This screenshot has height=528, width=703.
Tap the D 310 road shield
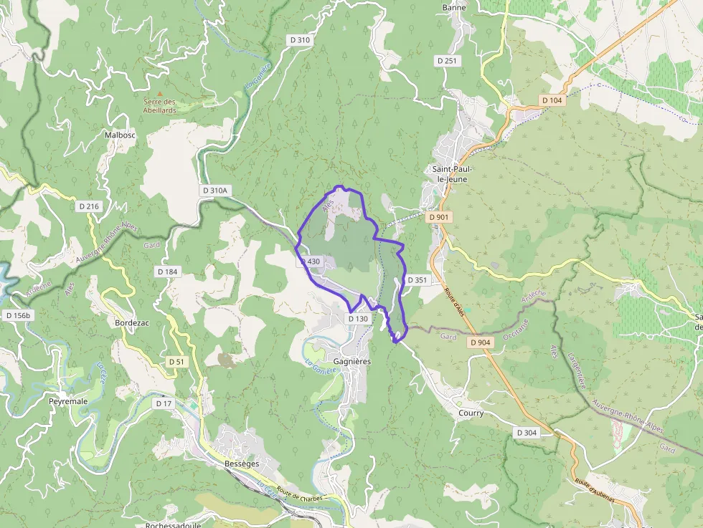pyautogui.click(x=301, y=40)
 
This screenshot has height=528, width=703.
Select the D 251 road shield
pyautogui.click(x=447, y=61)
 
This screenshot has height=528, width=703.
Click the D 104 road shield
pyautogui.click(x=552, y=100)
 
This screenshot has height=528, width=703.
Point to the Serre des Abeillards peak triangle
pyautogui.click(x=159, y=93)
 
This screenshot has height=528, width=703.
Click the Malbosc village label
pyautogui.click(x=120, y=135)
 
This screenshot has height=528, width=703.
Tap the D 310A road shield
pyautogui.click(x=214, y=191)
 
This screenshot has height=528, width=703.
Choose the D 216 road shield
pyautogui.click(x=89, y=206)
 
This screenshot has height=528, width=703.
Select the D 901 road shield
pyautogui.click(x=438, y=216)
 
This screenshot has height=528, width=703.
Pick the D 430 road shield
pyautogui.click(x=311, y=261)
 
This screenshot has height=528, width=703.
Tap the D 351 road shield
pyautogui.click(x=417, y=280)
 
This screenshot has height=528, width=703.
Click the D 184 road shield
pyautogui.click(x=166, y=272)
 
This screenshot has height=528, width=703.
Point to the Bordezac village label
pyautogui.click(x=132, y=323)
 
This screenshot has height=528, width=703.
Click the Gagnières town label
pyautogui.click(x=352, y=362)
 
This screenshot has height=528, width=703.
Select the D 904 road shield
pyautogui.click(x=481, y=343)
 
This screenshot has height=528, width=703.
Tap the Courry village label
pyautogui.click(x=471, y=413)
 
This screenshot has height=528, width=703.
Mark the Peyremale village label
pyautogui.click(x=68, y=401)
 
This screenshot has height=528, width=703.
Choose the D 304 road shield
pyautogui.click(x=527, y=433)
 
